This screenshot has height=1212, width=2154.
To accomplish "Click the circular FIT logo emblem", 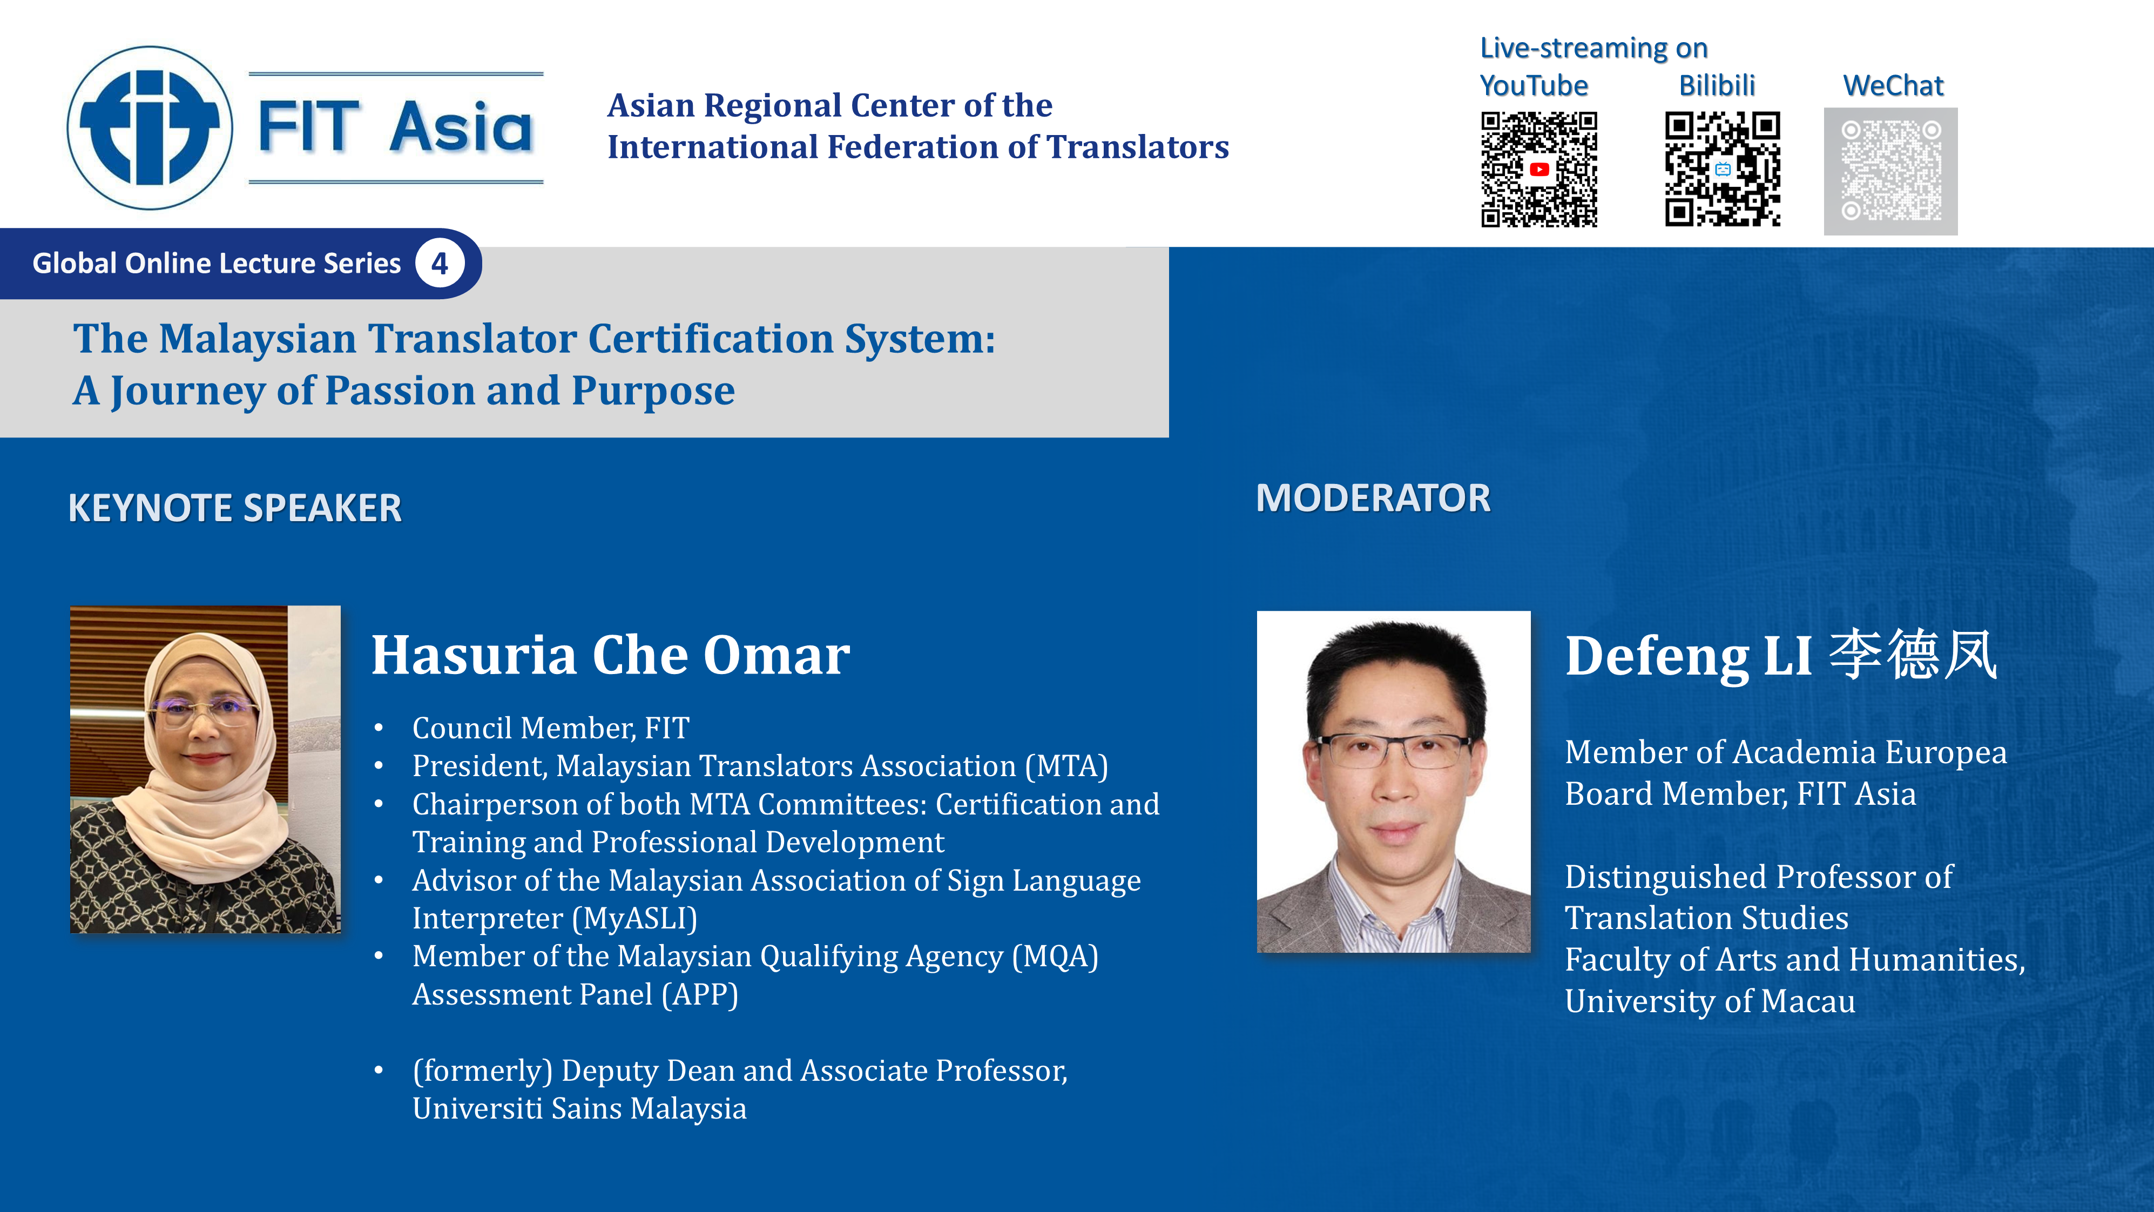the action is [150, 127].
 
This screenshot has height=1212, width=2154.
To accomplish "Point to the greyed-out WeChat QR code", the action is [1890, 171].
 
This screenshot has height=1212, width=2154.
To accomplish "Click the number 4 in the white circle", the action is [440, 264].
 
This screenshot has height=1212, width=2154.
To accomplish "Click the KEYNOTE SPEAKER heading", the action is [235, 508].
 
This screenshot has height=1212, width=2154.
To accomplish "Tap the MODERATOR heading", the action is [1373, 499].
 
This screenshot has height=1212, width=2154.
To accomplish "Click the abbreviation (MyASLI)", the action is [636, 918].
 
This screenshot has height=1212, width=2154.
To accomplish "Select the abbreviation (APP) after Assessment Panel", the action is [700, 994].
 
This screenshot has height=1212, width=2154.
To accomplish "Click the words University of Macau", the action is [1710, 1001].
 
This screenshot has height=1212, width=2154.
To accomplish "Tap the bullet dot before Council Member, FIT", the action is [379, 729].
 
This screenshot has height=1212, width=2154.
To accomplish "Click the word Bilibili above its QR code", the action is [1717, 85].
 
